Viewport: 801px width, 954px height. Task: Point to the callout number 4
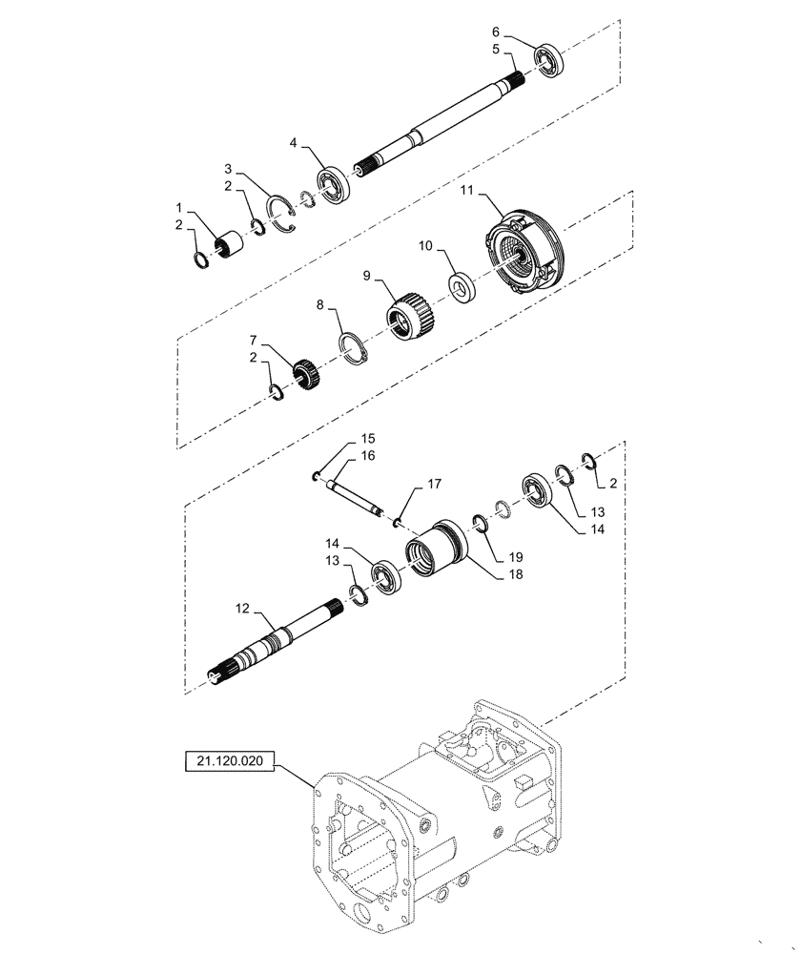pos(294,143)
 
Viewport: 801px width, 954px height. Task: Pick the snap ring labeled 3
pos(278,211)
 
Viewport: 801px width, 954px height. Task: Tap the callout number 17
pos(434,485)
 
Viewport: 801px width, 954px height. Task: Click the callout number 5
pos(496,48)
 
